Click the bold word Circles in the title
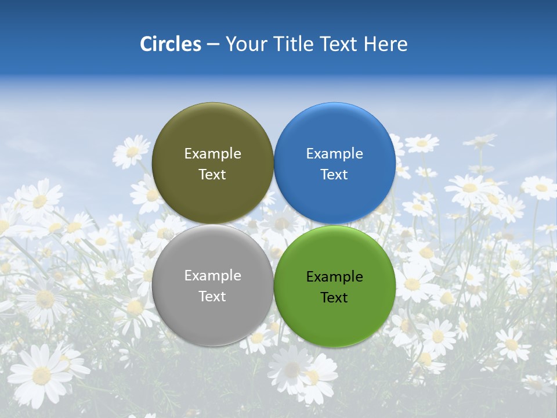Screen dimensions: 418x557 click(x=171, y=44)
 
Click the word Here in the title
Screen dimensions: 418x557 click(x=386, y=44)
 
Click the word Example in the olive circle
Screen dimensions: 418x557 click(x=212, y=154)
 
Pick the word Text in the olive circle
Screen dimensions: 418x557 click(x=212, y=175)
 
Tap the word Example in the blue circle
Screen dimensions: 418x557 click(x=334, y=154)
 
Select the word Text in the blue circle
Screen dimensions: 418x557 click(x=334, y=175)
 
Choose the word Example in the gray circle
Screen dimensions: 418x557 click(x=212, y=276)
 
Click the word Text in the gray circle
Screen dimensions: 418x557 click(x=212, y=297)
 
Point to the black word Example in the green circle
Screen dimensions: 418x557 click(x=334, y=277)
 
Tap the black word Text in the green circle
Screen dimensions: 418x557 click(x=334, y=298)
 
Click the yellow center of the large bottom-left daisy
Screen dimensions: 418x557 click(x=41, y=375)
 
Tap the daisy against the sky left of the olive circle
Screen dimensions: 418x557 click(x=132, y=152)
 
